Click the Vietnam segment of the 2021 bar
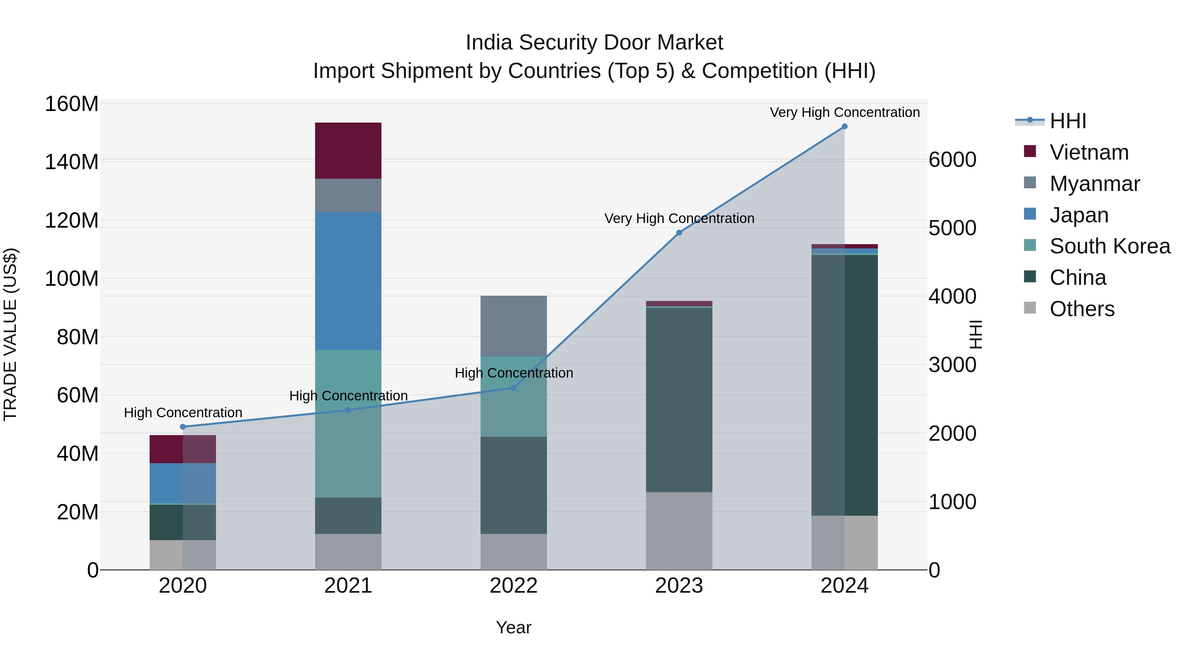pyautogui.click(x=348, y=151)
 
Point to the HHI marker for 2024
pyautogui.click(x=844, y=127)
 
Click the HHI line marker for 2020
pyautogui.click(x=183, y=427)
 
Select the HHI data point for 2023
pyautogui.click(x=679, y=233)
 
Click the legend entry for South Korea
pyautogui.click(x=1110, y=246)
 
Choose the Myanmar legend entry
pyautogui.click(x=1095, y=184)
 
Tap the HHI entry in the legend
pyautogui.click(x=1067, y=121)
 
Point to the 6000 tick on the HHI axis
pyautogui.click(x=952, y=160)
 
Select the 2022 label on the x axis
pyautogui.click(x=513, y=586)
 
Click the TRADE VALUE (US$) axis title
pyautogui.click(x=10, y=334)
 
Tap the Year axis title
pyautogui.click(x=513, y=627)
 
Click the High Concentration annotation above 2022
pyautogui.click(x=514, y=373)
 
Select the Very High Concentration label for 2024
pyautogui.click(x=844, y=112)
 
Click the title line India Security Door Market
pyautogui.click(x=594, y=43)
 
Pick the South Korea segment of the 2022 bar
pyautogui.click(x=513, y=396)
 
